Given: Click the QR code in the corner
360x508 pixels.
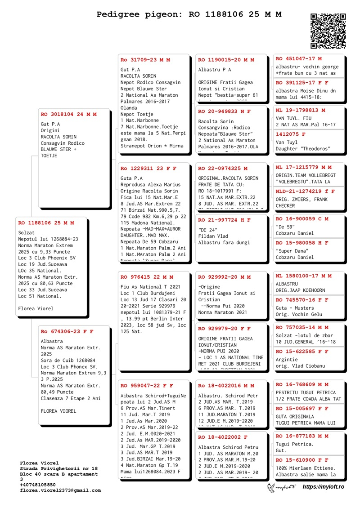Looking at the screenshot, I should [328, 31].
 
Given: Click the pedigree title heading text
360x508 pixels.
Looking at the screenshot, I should [189, 14].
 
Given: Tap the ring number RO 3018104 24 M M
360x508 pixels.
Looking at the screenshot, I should [68, 114].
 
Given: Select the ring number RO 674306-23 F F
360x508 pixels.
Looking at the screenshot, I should [67, 331].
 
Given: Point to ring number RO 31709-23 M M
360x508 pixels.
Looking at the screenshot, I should [145, 59].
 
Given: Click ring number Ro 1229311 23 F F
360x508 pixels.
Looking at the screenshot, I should [148, 169].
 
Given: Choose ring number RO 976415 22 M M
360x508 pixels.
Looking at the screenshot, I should [147, 277].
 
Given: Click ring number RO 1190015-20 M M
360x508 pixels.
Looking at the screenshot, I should [226, 59].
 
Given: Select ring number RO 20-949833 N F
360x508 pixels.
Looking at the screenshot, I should [224, 111].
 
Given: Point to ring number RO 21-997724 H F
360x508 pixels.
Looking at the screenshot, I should [224, 219].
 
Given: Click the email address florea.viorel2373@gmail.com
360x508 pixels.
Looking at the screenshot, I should [60, 490].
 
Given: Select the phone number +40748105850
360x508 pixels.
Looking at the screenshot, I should [38, 485].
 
